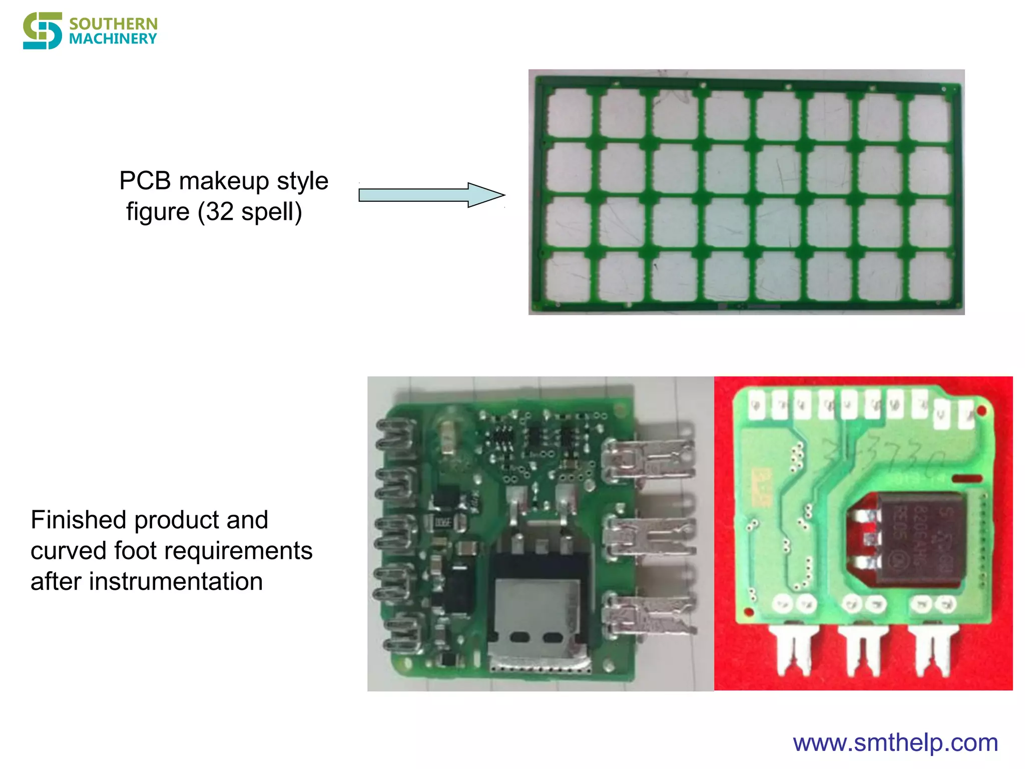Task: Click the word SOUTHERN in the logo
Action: point(113,24)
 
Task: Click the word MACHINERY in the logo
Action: point(113,39)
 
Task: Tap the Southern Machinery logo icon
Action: point(43,31)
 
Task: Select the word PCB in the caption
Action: point(145,181)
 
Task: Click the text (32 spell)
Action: point(249,212)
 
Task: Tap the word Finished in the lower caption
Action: point(79,520)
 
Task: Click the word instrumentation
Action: point(176,581)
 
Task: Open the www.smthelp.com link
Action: point(895,742)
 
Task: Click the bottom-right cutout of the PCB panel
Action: point(930,276)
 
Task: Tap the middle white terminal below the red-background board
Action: point(862,648)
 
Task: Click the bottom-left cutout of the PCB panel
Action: point(568,276)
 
